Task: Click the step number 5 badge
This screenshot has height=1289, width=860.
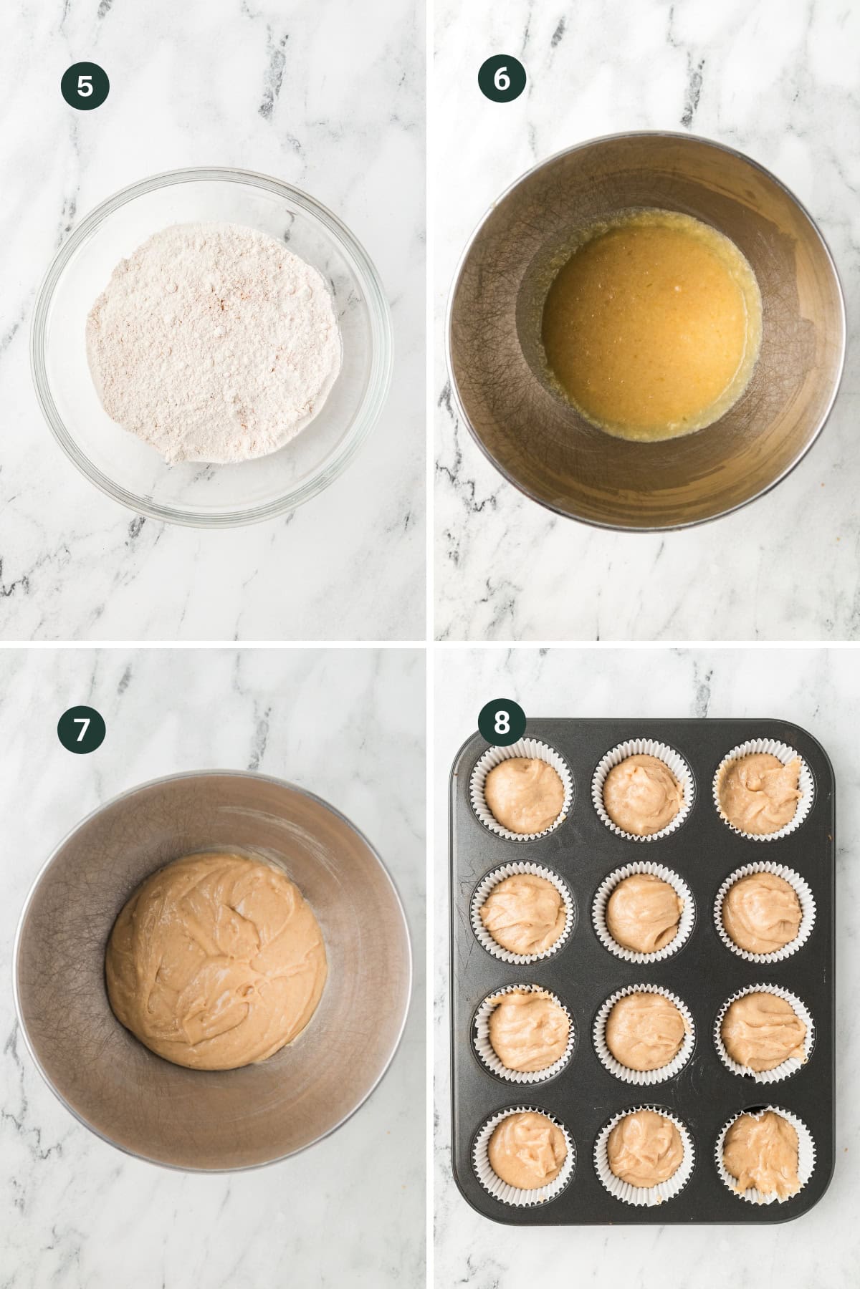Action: coord(85,87)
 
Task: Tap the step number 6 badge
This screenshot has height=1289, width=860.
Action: coord(502,79)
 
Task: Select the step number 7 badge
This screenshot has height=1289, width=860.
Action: coord(82,730)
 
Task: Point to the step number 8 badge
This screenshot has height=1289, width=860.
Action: coord(502,724)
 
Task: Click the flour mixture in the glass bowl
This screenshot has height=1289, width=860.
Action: coord(214,343)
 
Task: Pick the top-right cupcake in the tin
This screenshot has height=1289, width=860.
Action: coord(765,793)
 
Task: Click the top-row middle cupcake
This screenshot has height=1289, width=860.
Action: coord(643,793)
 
